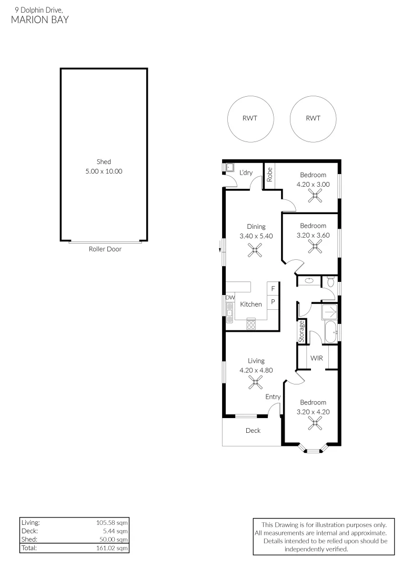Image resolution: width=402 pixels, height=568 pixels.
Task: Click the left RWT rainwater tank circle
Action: (x=228, y=118)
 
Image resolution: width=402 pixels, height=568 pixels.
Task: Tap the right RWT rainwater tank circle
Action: (x=290, y=118)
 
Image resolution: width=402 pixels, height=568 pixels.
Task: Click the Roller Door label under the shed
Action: (x=105, y=249)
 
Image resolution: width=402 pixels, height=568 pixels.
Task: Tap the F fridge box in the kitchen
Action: (x=273, y=288)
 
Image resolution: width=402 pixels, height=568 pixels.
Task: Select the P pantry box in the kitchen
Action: (x=273, y=301)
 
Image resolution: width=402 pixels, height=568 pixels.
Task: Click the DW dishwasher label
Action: (x=230, y=297)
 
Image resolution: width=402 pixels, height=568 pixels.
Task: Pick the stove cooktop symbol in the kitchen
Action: (x=251, y=324)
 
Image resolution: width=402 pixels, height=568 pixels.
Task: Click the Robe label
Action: (x=269, y=174)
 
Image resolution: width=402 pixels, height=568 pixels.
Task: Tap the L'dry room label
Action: (x=246, y=173)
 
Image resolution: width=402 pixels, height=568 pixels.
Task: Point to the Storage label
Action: (x=301, y=331)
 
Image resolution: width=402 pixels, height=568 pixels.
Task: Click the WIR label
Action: (x=316, y=358)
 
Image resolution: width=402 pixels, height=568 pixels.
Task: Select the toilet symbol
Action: (x=330, y=281)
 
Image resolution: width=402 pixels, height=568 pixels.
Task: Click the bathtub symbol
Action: (x=330, y=332)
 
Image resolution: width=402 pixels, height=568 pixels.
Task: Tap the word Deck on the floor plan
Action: (x=253, y=430)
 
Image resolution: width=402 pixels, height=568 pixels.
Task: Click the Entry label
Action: (x=273, y=397)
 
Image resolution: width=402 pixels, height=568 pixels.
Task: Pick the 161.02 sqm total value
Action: (x=112, y=548)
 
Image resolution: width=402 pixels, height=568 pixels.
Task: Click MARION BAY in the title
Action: (x=40, y=19)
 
